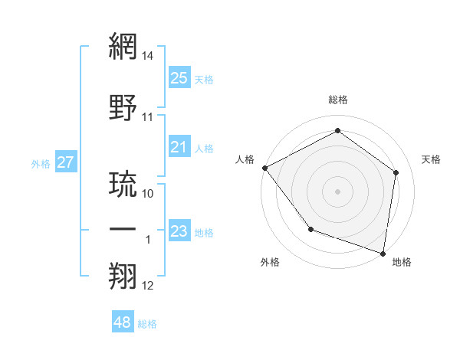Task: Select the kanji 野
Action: (123, 107)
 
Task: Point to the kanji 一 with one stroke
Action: (123, 231)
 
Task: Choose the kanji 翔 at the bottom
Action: (123, 277)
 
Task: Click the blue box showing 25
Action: (179, 78)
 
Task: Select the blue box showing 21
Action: (179, 147)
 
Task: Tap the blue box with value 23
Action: (179, 231)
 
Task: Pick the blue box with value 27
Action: (65, 162)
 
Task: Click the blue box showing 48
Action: (123, 322)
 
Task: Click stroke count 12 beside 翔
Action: (148, 286)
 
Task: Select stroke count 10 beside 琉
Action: (148, 194)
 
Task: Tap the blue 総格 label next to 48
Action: (147, 324)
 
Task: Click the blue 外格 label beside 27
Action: (40, 163)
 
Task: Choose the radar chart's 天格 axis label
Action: (431, 159)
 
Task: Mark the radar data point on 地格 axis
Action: (383, 253)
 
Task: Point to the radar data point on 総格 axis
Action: (337, 131)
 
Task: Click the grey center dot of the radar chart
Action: (337, 191)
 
